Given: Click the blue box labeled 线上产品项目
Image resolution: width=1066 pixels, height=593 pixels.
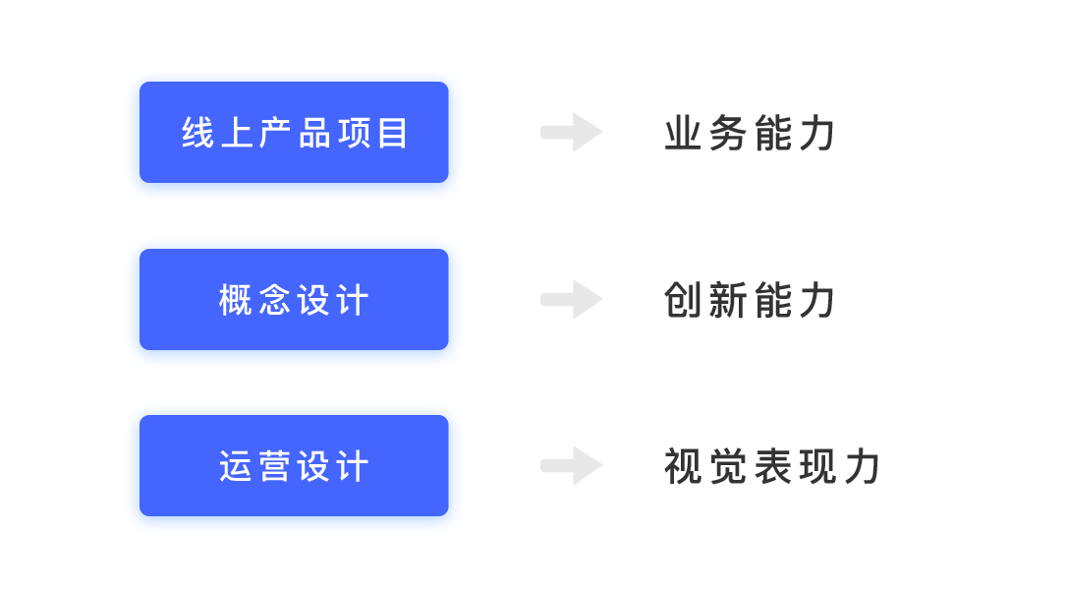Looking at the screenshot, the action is [294, 132].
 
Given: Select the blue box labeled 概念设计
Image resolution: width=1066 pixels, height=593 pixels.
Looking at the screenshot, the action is [294, 300].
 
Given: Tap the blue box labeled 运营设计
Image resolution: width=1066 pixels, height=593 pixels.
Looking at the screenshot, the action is [294, 466].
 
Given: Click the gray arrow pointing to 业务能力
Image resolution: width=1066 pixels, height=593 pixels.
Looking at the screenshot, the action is [572, 132].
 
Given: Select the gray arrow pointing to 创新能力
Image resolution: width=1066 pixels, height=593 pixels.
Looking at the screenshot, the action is [572, 299].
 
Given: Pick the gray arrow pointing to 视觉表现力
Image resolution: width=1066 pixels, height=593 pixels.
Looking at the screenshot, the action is [572, 466].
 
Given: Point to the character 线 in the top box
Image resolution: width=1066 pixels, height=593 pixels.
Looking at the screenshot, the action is [197, 133].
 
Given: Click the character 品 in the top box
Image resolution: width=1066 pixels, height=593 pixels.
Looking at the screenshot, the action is [314, 133].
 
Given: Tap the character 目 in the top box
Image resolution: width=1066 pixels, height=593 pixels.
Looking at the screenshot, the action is [392, 133].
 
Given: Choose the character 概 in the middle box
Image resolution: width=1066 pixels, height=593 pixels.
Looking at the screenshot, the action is [235, 300].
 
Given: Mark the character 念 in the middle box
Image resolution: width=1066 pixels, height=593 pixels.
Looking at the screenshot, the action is [275, 300].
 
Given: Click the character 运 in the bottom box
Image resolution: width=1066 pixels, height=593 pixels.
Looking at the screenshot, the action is [235, 466].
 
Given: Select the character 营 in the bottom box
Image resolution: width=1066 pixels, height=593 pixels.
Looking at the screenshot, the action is [275, 466].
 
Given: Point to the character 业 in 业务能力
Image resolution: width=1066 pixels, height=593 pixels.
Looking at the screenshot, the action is [683, 133].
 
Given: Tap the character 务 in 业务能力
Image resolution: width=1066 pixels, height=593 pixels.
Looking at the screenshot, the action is [727, 133].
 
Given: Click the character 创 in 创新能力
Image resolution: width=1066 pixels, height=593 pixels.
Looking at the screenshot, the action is [683, 300].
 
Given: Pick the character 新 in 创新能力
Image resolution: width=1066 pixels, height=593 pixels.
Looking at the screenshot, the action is [727, 300].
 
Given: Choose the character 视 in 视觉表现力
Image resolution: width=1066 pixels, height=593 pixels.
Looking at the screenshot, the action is [683, 466].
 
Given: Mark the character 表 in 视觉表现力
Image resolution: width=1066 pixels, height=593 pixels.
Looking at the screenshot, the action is [773, 466].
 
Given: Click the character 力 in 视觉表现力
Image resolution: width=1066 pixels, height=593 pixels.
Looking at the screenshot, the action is [863, 466].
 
